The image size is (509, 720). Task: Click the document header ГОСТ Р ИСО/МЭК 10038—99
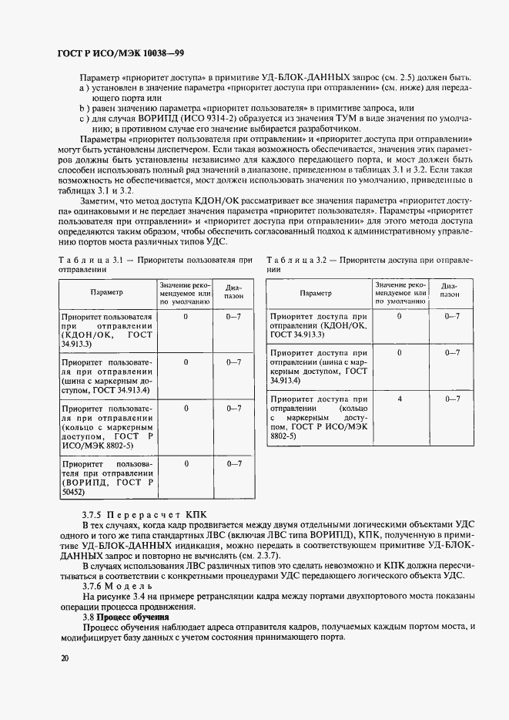pyautogui.click(x=121, y=53)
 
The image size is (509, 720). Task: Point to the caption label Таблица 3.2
pyautogui.click(x=299, y=261)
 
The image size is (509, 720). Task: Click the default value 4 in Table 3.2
pyautogui.click(x=399, y=399)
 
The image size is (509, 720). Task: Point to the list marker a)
pyautogui.click(x=83, y=89)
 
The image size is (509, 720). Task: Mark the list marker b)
pyautogui.click(x=83, y=109)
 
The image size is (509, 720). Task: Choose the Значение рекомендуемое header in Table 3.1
pyautogui.click(x=186, y=293)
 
